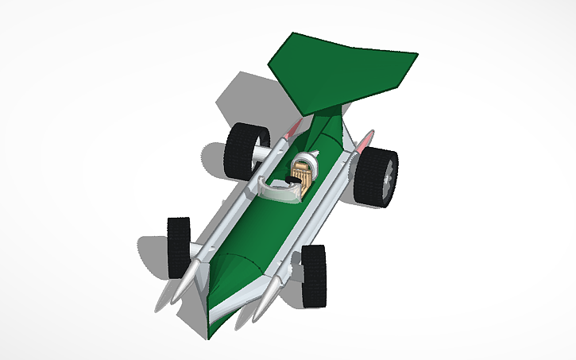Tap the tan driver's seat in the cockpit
coord(303,170)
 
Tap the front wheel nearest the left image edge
coord(178,247)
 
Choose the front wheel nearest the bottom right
coord(314,275)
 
